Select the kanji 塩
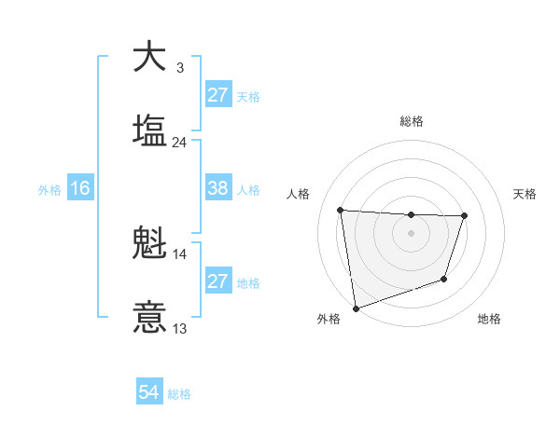[x=149, y=130]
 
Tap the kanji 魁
[x=149, y=245]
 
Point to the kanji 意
[x=149, y=317]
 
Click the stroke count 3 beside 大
[x=179, y=68]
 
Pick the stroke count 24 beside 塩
[x=179, y=143]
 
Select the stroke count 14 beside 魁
[x=179, y=254]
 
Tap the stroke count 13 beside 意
[x=179, y=328]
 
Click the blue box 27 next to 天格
[x=217, y=95]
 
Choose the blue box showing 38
[x=217, y=188]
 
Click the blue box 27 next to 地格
[x=217, y=281]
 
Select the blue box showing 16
[x=80, y=188]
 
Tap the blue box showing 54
[x=149, y=392]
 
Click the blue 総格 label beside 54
[x=179, y=394]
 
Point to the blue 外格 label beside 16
[x=49, y=190]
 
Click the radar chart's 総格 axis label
[x=411, y=121]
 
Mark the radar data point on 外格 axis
[x=356, y=308]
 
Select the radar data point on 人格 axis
[x=341, y=210]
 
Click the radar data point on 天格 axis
[x=464, y=216]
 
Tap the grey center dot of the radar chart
[x=411, y=233]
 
